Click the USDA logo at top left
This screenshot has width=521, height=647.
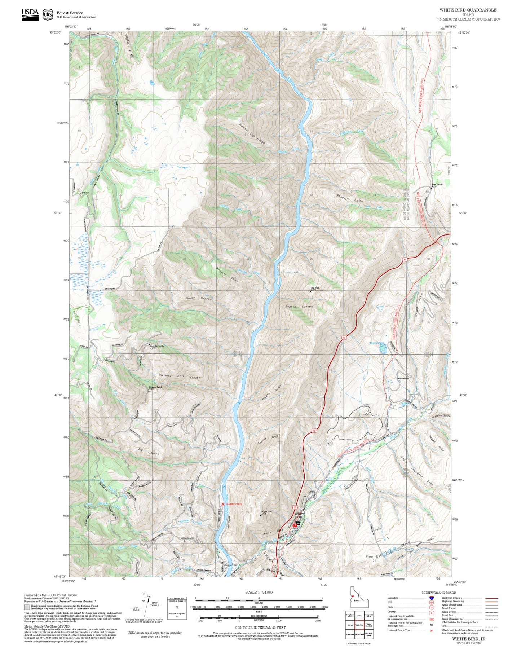(x=30, y=14)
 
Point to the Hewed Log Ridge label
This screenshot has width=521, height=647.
(x=252, y=134)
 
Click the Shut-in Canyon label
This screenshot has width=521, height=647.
(x=299, y=307)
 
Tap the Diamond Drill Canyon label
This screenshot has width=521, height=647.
(x=180, y=376)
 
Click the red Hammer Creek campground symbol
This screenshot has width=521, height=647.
(x=223, y=504)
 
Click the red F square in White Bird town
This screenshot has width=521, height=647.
(x=295, y=525)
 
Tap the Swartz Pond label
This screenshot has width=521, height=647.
(x=376, y=343)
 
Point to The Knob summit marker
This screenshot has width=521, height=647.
(x=310, y=291)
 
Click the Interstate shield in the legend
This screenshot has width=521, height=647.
(x=431, y=598)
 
